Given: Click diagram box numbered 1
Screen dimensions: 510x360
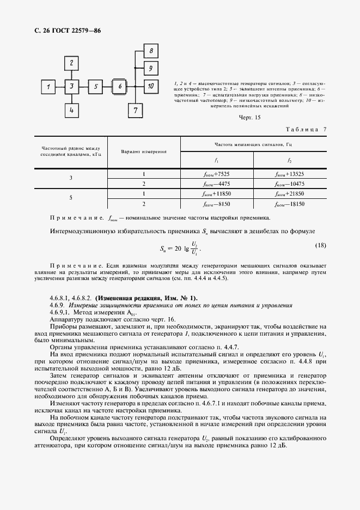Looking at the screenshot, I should (49, 86).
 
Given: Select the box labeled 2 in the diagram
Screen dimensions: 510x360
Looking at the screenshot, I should (72, 63).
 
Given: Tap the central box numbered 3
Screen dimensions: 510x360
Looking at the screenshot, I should (72, 86).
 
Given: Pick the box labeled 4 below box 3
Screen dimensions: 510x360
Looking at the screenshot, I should (72, 110).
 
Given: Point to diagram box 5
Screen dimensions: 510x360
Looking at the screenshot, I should (95, 86).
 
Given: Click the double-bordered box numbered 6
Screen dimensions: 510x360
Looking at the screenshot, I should (120, 86).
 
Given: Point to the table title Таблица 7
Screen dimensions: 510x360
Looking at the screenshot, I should (306, 129).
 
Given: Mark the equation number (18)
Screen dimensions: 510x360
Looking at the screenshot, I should (320, 245).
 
